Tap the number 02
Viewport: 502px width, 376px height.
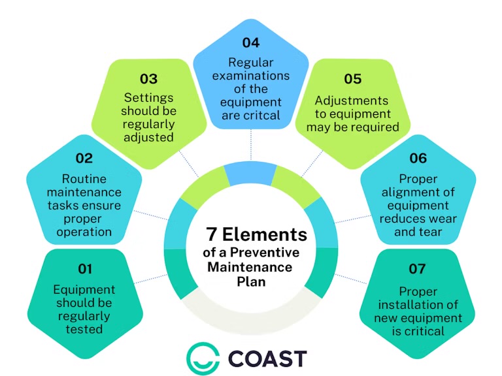pos(84,158)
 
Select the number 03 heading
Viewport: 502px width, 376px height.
pos(148,79)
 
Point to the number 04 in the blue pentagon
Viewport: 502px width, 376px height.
pos(250,43)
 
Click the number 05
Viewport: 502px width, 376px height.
pos(352,79)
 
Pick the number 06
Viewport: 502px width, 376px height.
pos(417,158)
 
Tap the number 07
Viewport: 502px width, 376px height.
pos(417,269)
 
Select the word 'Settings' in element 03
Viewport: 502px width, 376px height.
pos(149,98)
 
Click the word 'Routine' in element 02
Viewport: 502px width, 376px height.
pos(84,179)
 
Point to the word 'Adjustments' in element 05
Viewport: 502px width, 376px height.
pos(352,101)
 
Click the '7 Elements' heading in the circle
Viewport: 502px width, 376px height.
pos(256,234)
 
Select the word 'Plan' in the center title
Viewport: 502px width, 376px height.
pos(251,280)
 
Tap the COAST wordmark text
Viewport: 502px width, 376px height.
pos(267,358)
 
